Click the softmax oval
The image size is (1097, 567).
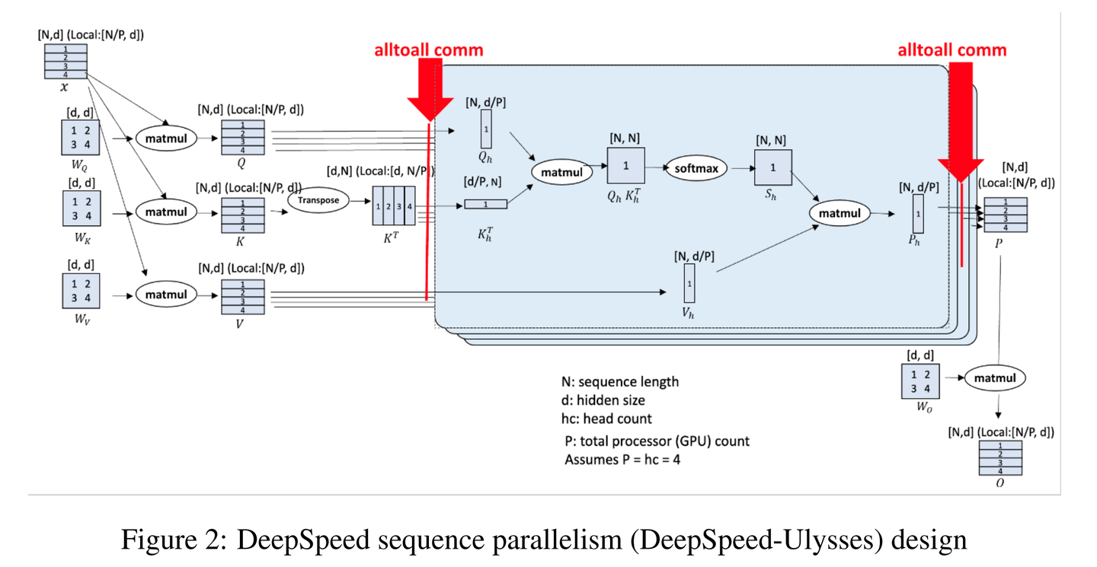(696, 168)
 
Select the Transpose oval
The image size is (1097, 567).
(318, 200)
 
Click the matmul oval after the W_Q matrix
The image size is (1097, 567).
(166, 139)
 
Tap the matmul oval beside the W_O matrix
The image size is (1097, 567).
(995, 377)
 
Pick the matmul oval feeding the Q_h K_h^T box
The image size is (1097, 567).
(561, 172)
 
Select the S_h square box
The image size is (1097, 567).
(773, 167)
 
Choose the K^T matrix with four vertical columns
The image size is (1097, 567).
(393, 205)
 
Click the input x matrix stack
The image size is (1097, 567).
(65, 62)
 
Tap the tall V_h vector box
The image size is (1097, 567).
(689, 283)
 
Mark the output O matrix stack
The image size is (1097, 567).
(999, 457)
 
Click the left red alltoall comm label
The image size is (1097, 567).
(428, 50)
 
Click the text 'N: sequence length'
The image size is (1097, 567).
(619, 382)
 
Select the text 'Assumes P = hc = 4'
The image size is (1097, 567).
(622, 460)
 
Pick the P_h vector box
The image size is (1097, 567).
(918, 214)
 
